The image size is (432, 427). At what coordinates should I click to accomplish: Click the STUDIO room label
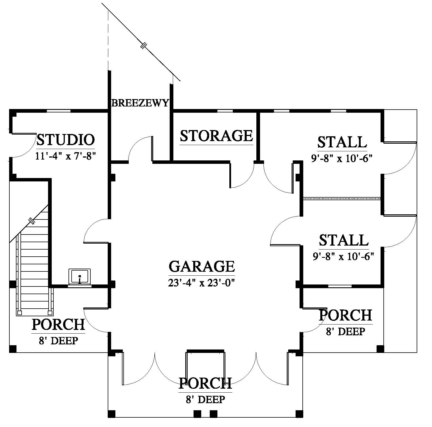(65, 140)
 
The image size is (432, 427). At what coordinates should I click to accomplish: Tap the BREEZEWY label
(140, 103)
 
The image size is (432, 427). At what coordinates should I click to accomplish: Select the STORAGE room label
(216, 136)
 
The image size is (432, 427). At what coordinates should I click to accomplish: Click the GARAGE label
(202, 266)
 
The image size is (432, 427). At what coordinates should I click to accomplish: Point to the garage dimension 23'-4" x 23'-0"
(202, 283)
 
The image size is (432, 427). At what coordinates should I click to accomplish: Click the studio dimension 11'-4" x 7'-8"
(65, 156)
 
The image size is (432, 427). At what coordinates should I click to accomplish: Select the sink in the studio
(80, 277)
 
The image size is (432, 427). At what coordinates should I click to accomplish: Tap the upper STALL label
(342, 142)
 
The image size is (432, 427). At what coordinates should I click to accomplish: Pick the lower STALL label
(344, 240)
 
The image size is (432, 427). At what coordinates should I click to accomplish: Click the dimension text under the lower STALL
(343, 256)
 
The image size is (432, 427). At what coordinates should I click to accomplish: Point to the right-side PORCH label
(345, 315)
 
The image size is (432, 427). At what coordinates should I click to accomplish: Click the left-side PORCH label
(58, 325)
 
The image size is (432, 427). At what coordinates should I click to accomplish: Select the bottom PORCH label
(205, 383)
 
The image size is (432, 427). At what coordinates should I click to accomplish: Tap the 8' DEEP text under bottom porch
(205, 399)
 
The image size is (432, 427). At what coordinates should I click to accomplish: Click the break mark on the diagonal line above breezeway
(144, 45)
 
